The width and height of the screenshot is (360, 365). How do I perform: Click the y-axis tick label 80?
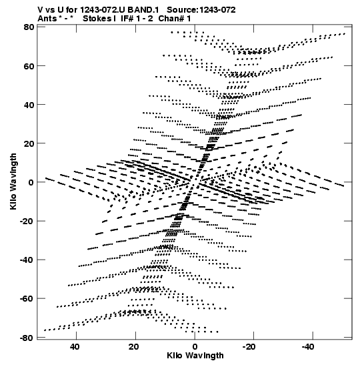(29, 27)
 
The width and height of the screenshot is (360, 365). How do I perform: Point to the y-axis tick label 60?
(29, 66)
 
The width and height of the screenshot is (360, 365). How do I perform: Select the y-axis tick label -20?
(27, 221)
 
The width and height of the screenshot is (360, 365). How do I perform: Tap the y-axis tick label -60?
(27, 299)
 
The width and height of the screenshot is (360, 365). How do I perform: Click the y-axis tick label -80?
(27, 338)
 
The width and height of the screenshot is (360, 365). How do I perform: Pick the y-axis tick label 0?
(31, 183)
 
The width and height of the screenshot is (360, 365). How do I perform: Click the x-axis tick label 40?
(75, 347)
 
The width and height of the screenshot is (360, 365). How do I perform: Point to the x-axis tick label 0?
(195, 347)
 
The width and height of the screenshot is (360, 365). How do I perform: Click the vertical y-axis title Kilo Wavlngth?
(13, 181)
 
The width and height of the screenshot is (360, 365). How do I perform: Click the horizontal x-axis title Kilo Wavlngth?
(195, 356)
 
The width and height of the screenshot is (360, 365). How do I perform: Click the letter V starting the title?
(41, 10)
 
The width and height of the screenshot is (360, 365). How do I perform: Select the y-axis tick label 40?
(29, 105)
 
